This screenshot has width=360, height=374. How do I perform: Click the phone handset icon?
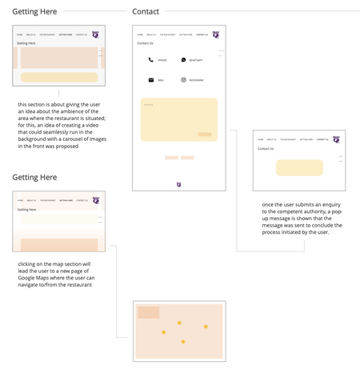(150, 60)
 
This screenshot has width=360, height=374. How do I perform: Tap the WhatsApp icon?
(183, 60)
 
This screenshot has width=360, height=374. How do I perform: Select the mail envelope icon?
(150, 80)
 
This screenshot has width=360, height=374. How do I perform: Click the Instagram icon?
(183, 80)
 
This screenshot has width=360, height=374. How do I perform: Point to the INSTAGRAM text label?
(196, 80)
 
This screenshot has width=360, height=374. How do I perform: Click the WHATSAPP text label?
(195, 60)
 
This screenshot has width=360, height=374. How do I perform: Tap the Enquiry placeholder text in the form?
(148, 104)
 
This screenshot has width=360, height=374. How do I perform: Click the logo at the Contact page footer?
(178, 184)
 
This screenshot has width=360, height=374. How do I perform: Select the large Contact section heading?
(146, 12)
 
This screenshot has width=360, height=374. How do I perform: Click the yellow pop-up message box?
(299, 167)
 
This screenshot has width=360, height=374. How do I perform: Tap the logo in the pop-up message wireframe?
(336, 139)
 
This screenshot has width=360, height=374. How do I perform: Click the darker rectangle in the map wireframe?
(148, 312)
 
